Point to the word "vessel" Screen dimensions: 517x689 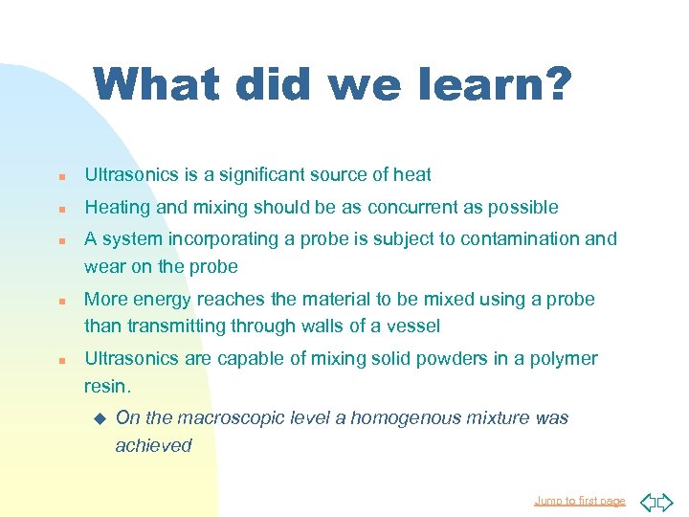point(412,326)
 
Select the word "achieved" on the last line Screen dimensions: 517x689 point(153,445)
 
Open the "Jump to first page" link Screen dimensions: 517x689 point(579,501)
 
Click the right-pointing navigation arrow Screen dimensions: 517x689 point(665,501)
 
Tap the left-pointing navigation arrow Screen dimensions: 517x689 point(646,501)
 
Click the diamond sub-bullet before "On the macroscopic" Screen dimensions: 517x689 point(98,417)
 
